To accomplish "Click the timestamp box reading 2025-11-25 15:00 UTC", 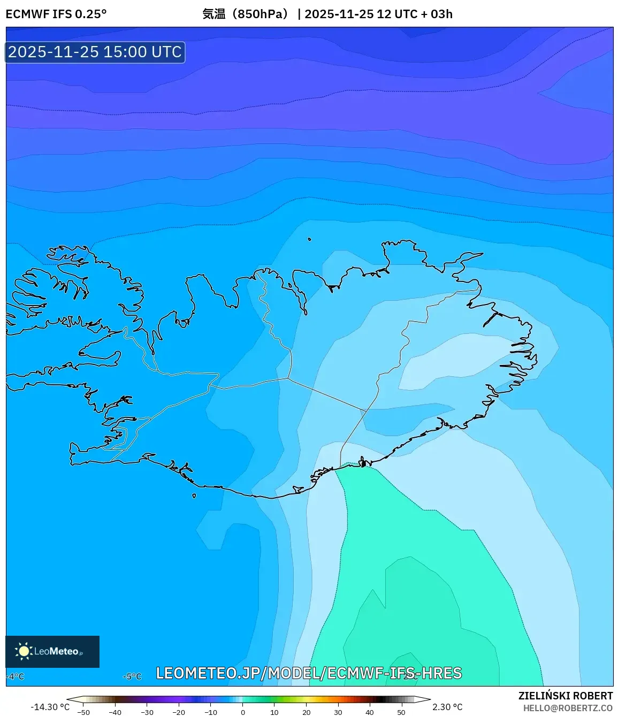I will click(95, 52).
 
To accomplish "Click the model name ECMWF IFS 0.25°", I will click(56, 14).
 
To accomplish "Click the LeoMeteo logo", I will click(52, 651).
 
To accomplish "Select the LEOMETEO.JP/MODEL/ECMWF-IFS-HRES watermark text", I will click(309, 673).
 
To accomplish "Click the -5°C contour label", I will click(132, 676).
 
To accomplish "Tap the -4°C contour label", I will click(16, 676).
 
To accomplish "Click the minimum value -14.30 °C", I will click(50, 707).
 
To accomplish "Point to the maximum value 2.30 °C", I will click(447, 707).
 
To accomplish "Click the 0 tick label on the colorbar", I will click(243, 712).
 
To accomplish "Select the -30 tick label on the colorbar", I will click(147, 712).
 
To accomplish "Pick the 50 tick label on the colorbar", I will click(401, 712).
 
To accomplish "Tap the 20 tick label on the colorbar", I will click(306, 712).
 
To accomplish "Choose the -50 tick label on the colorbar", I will click(83, 712).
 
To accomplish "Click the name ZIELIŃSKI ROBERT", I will click(565, 696).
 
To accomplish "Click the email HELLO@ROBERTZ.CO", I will click(568, 708).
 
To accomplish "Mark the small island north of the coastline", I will click(309, 239).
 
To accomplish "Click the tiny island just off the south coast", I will click(194, 496).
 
